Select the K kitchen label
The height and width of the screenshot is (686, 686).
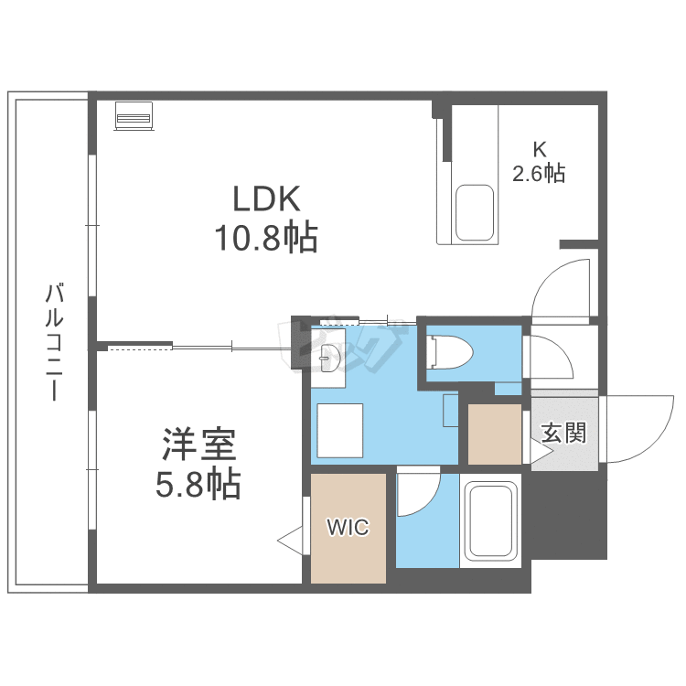pos(540,147)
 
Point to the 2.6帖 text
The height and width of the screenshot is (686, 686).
pos(539,172)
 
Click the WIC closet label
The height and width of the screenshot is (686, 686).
pos(348,528)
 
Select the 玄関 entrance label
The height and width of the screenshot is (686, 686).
pos(563,434)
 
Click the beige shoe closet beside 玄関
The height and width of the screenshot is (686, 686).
pos(495,433)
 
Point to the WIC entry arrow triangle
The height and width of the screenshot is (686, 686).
pos(292,541)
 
